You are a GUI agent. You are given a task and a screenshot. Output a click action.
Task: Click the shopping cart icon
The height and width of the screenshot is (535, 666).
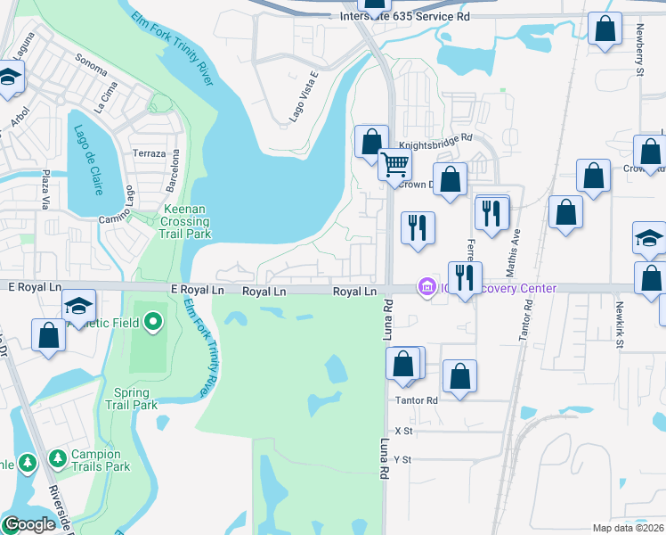(x=394, y=164)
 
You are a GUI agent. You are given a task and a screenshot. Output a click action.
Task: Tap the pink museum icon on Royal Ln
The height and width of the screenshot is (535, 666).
(x=426, y=287)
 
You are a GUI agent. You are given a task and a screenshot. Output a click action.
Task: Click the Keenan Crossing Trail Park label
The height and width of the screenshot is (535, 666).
(x=185, y=222)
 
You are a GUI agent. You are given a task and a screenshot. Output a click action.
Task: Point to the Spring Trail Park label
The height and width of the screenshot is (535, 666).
(x=136, y=399)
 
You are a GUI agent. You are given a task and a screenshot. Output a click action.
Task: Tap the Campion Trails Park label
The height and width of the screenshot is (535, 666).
(x=101, y=460)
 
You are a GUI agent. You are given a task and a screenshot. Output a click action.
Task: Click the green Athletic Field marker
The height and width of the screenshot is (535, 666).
(x=153, y=321)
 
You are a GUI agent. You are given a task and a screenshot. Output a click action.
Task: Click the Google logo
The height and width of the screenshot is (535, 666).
(x=29, y=525)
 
